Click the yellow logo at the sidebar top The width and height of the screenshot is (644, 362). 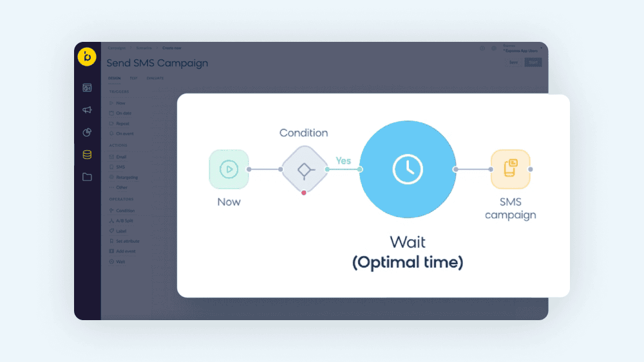[87, 57]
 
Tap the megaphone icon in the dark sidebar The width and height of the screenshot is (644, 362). [87, 110]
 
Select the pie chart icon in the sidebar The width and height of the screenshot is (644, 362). [87, 133]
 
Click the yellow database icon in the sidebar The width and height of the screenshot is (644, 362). [87, 155]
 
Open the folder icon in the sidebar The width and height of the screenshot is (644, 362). [87, 177]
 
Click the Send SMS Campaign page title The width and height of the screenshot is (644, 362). [157, 63]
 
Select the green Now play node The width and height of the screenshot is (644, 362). [229, 169]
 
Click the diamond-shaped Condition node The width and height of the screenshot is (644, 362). [304, 169]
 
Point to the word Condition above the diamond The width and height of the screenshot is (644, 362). [303, 133]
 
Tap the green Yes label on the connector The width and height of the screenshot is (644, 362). [343, 160]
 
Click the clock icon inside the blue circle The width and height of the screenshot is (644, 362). [408, 169]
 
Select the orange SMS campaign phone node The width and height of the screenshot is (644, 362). [510, 169]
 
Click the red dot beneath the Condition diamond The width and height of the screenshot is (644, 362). [304, 193]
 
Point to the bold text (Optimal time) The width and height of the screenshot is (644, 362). [408, 263]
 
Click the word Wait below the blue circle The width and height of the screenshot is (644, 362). [408, 243]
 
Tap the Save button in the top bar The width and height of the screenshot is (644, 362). [513, 62]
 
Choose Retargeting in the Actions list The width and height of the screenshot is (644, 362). [126, 177]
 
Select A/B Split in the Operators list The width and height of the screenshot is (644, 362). [124, 221]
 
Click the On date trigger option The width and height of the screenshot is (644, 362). [123, 113]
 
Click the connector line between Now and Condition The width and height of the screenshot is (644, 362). [264, 169]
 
